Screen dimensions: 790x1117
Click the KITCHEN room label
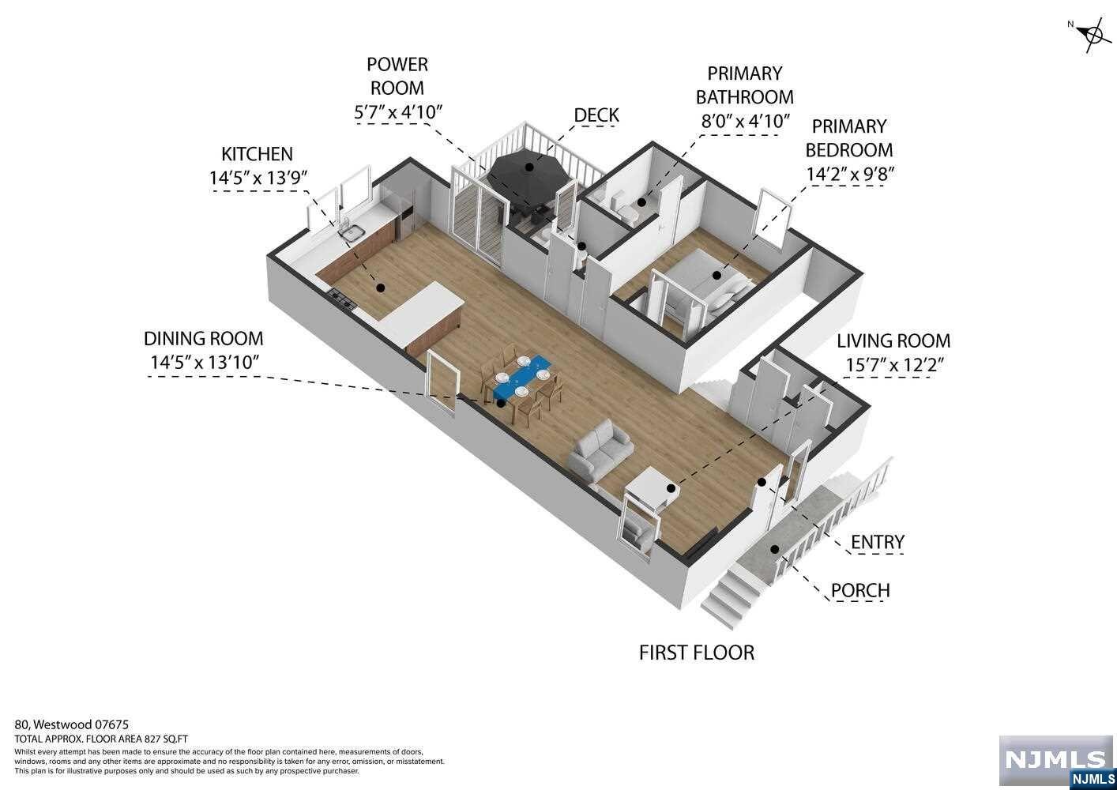coord(257,154)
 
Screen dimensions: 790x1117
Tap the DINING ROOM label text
coord(203,339)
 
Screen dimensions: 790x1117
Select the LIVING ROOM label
coord(893,341)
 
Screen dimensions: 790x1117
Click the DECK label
coord(596,115)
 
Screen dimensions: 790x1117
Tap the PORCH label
coord(860,591)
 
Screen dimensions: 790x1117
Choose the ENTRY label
coord(877,543)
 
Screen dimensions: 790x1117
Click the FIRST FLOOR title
coord(696,653)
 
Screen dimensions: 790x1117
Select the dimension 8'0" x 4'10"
coord(746,122)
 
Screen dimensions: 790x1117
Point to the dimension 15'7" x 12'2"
coord(895,364)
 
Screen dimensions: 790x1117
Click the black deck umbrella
coord(527,170)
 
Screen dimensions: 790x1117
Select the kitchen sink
coord(352,231)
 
